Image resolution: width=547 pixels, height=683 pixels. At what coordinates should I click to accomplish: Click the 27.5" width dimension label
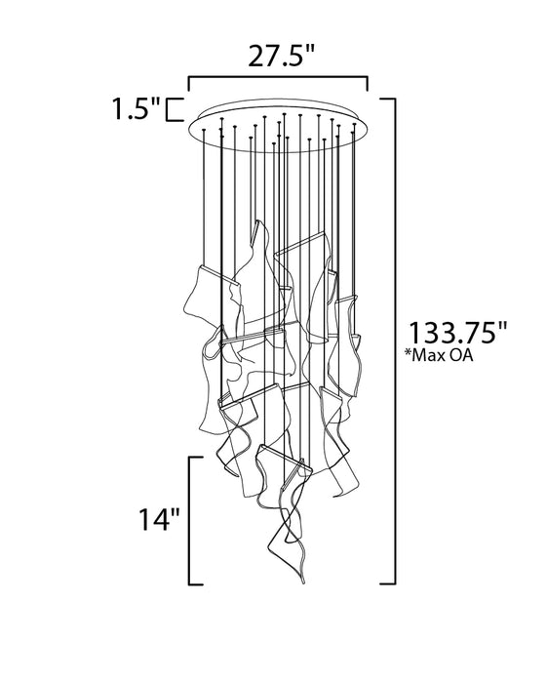281,56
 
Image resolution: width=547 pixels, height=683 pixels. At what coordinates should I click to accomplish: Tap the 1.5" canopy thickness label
137,108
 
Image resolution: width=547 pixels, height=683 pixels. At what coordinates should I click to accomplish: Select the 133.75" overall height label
456,333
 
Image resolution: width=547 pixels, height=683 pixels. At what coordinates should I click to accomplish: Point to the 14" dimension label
159,519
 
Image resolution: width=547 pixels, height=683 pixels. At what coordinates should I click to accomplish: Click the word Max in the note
429,355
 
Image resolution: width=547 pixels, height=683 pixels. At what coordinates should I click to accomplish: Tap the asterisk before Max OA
409,352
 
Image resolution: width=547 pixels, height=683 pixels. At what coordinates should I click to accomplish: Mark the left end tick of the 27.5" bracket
188,84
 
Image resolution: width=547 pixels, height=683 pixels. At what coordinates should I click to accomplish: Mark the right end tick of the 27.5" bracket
368,84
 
